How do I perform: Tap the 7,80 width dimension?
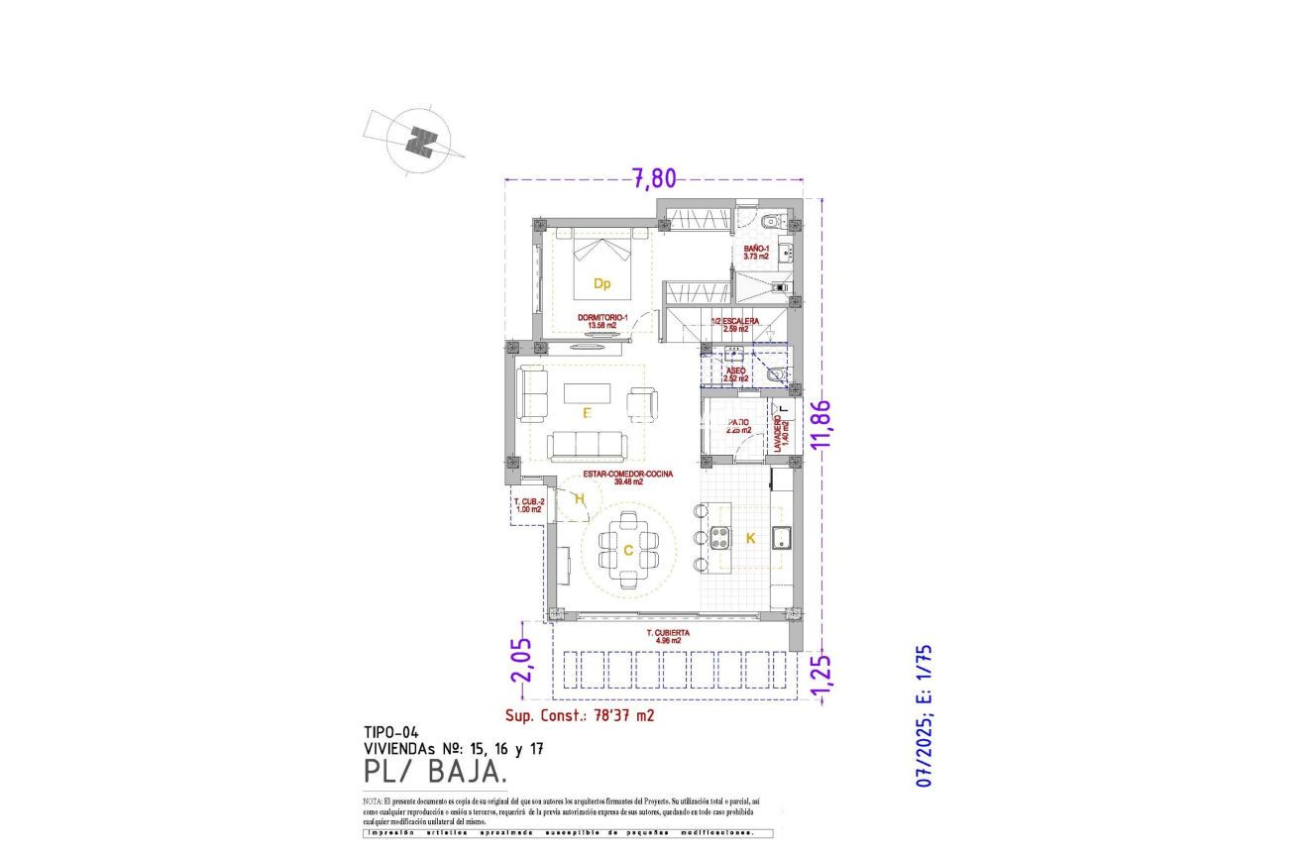654,179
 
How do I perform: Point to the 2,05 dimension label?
521,659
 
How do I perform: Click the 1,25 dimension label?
819,672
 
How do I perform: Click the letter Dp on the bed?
601,283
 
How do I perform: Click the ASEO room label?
736,374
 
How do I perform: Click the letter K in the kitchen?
750,538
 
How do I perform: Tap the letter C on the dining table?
627,550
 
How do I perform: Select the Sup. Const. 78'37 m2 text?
580,713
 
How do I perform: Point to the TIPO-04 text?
391,733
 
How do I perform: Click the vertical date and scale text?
925,715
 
